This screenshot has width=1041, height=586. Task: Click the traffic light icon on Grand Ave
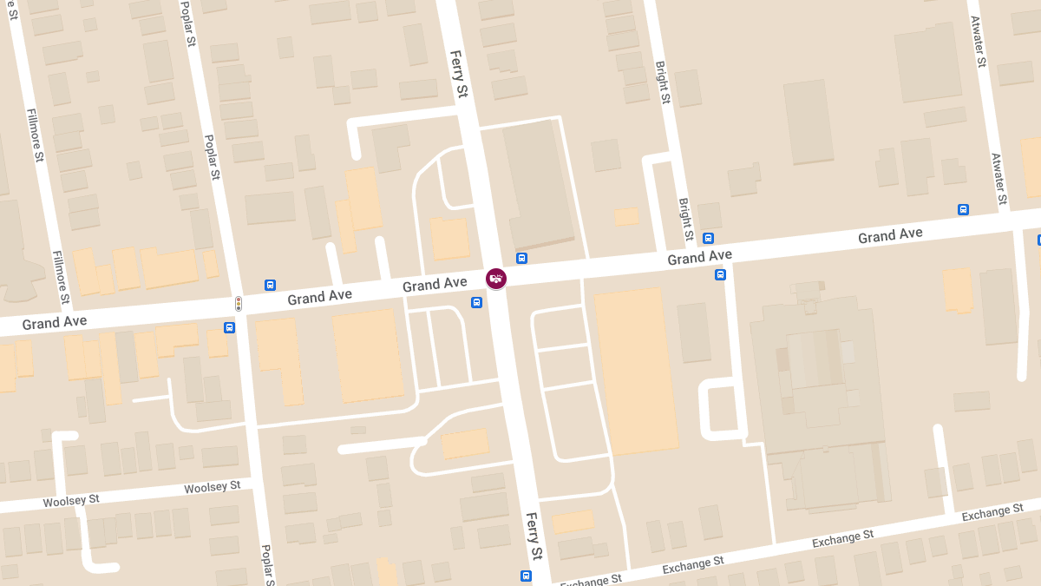(239, 304)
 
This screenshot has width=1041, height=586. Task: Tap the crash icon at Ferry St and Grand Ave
(496, 279)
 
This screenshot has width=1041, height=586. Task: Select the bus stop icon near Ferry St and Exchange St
(526, 576)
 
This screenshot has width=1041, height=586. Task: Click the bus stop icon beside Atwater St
(963, 209)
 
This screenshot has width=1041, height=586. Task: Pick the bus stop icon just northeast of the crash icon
(521, 258)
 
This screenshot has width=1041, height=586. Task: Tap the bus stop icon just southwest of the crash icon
(476, 302)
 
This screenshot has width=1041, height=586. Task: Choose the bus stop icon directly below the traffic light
(229, 327)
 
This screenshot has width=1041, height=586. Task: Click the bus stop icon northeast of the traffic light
(270, 285)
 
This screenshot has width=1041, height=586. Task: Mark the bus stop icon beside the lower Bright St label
(708, 238)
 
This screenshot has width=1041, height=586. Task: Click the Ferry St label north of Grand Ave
(459, 74)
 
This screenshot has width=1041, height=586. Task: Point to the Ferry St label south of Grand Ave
(534, 536)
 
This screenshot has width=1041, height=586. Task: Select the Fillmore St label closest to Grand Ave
(62, 277)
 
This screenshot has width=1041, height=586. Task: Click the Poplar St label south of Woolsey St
(268, 564)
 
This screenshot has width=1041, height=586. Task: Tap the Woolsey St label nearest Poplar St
(212, 487)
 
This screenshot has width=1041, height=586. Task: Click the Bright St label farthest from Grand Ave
(663, 82)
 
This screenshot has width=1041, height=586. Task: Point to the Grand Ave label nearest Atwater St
(890, 235)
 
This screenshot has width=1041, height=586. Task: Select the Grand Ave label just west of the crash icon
(435, 285)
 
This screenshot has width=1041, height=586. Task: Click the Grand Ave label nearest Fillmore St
(55, 323)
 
